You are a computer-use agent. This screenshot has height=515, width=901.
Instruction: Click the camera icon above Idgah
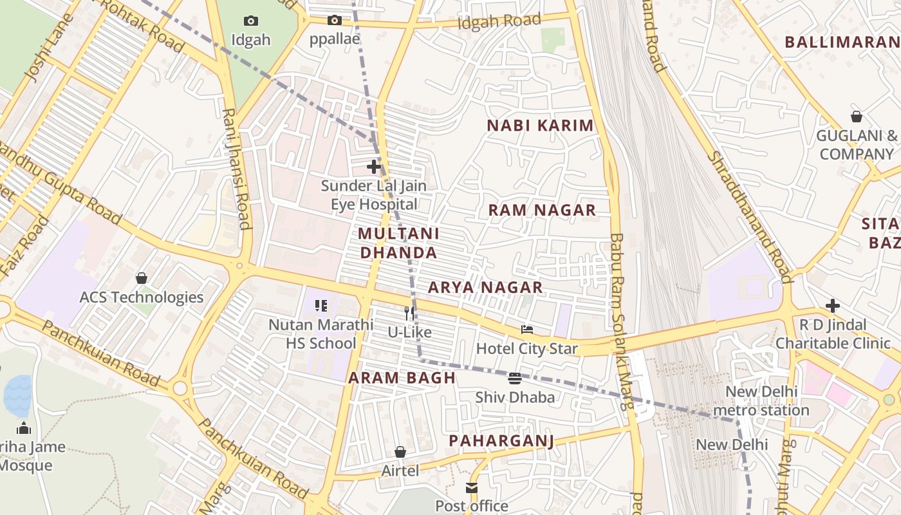pos(251,21)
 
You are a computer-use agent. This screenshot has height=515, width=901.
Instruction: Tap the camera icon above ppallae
pos(334,20)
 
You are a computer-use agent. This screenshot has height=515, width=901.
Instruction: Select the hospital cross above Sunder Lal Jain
pos(374,167)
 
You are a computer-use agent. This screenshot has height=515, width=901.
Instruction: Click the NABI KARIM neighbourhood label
pos(540,126)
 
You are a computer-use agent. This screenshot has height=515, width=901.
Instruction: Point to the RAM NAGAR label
pos(542,211)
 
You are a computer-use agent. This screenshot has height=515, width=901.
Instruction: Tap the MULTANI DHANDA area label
pos(398,243)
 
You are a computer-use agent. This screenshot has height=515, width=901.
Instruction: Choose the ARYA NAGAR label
pos(485,287)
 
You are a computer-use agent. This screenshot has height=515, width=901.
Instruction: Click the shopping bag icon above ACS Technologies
pos(142,278)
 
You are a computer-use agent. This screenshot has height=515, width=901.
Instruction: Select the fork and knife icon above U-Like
pos(409,314)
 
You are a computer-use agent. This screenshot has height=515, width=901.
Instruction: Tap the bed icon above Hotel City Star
pos(527,330)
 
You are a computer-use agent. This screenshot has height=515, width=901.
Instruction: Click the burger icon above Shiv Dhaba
pos(514,378)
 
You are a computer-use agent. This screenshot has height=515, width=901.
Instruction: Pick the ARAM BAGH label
pos(402,378)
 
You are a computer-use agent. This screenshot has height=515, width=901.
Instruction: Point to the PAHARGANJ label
pos(501,440)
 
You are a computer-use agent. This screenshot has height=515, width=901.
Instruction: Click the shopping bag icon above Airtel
pos(400,452)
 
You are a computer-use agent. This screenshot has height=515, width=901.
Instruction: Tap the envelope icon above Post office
pos(472,487)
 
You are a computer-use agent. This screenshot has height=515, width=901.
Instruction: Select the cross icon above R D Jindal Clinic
pos(833,305)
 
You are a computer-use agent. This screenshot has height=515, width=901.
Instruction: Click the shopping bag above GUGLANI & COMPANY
pos(857,117)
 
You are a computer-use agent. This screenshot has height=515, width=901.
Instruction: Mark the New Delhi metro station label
pos(761,400)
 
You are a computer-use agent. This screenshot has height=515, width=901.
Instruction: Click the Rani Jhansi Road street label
pos(236,167)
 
